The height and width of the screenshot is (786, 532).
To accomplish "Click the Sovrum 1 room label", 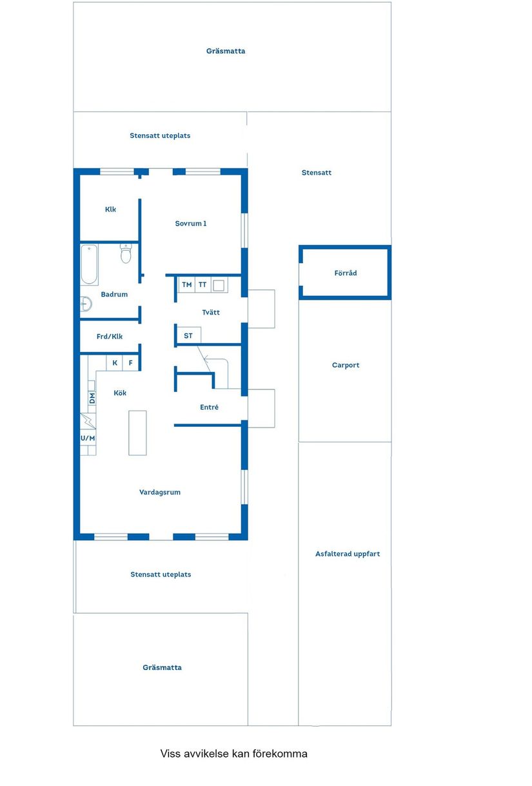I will click(191, 224).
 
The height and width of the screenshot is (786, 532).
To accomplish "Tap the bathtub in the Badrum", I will click(89, 264).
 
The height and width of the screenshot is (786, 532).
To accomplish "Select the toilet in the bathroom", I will click(126, 255).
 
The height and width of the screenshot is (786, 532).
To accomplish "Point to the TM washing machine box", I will click(186, 284).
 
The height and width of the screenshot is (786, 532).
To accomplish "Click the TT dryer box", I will click(202, 284).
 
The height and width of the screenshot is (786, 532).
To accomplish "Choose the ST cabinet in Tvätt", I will click(188, 336).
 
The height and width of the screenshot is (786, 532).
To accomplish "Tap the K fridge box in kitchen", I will click(115, 363).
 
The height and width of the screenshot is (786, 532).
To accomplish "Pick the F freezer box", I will click(130, 363).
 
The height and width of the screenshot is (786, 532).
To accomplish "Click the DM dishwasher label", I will click(92, 398).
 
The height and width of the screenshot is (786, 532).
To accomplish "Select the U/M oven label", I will click(88, 438).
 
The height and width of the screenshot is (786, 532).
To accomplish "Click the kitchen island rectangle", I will click(137, 433).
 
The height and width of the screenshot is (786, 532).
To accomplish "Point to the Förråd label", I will click(346, 273).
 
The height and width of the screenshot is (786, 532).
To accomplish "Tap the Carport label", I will click(346, 365).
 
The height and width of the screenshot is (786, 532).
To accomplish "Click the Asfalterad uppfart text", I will click(348, 554).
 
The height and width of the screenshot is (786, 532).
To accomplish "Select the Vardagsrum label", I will click(160, 492).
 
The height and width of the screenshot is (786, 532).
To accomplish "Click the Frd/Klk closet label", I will click(110, 337).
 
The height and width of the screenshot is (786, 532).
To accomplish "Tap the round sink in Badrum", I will click(85, 303).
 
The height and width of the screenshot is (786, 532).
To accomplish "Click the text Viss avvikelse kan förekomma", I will click(234, 753).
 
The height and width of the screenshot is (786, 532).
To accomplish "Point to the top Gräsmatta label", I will click(226, 51).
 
